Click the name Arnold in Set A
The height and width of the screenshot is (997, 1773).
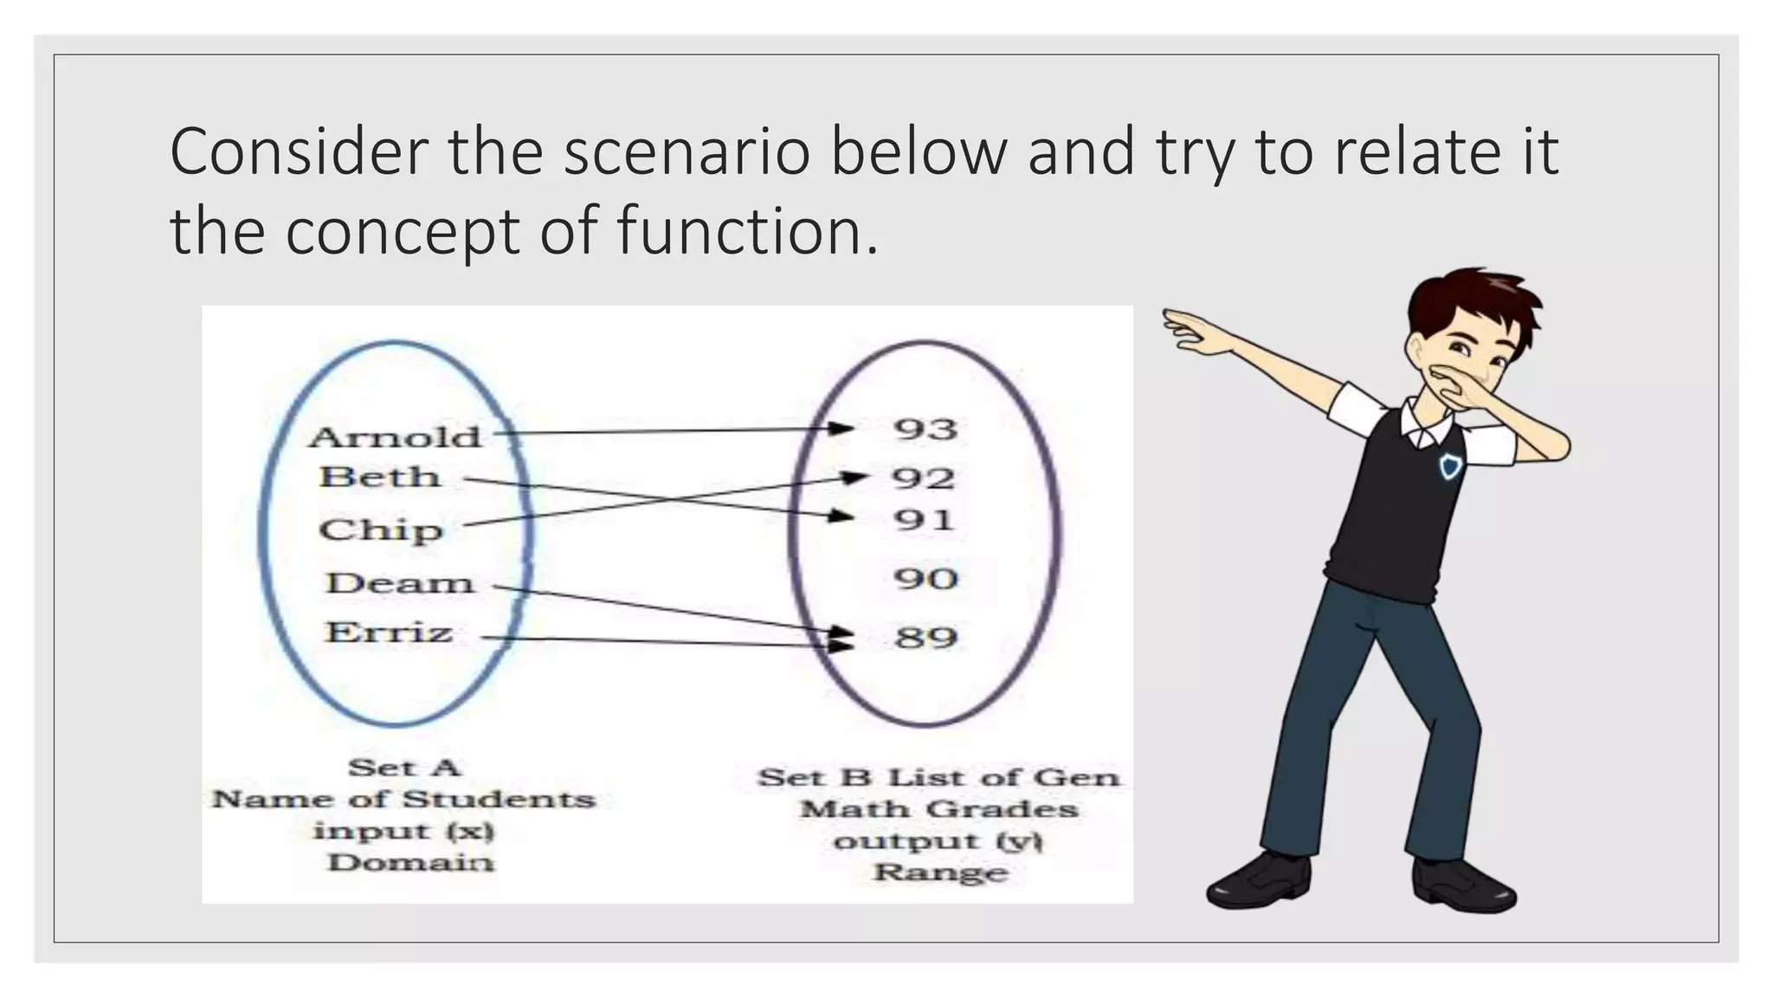coord(395,437)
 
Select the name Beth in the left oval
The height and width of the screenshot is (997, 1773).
coord(380,477)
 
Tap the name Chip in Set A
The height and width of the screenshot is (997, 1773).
coord(380,530)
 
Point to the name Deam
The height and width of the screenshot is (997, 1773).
coord(400,582)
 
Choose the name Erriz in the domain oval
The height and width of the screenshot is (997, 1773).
coord(389,633)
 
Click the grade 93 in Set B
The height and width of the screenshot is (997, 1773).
coord(925,429)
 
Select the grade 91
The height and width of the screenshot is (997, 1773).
coord(924,520)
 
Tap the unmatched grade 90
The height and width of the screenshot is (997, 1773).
coord(925,578)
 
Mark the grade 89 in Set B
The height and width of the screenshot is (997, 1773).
coord(926,638)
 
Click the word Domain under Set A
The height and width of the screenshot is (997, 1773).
coord(410,863)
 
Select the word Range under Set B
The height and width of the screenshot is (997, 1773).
coord(940,872)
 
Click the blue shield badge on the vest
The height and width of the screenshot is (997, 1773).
coord(1450,467)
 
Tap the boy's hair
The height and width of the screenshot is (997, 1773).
coord(1472,299)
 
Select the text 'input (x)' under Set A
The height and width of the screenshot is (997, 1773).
coord(403,832)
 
